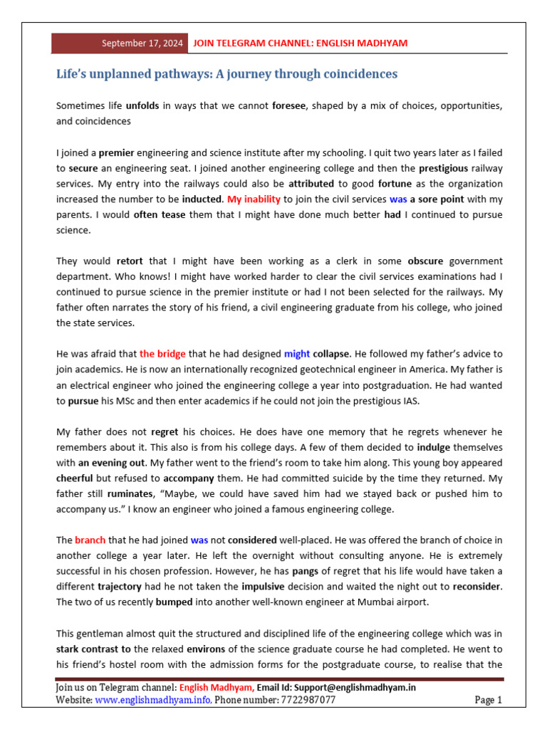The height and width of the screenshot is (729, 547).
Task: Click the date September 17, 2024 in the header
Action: (142, 43)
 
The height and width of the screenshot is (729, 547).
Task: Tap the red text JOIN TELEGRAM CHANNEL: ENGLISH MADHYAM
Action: (300, 43)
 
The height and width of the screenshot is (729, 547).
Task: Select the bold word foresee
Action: (289, 106)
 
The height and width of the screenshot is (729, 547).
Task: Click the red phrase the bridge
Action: (162, 354)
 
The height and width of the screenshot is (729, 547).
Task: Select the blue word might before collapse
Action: (297, 354)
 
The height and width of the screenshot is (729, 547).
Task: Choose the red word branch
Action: (90, 540)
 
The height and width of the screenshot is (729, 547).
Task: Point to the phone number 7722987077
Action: (307, 701)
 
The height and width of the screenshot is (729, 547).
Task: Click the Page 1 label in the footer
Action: (488, 701)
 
